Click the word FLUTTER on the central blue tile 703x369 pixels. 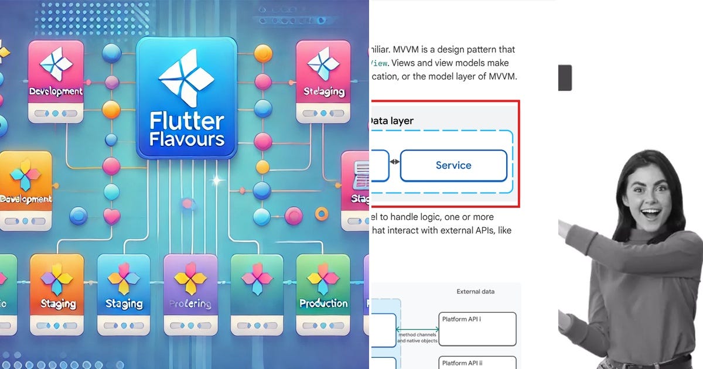[186, 122]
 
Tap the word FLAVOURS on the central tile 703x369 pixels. [186, 139]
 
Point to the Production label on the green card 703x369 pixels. [323, 303]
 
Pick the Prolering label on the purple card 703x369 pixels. [190, 303]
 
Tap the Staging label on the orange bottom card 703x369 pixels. [58, 303]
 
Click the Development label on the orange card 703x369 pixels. [26, 199]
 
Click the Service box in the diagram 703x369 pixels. [453, 165]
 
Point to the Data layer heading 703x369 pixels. [391, 121]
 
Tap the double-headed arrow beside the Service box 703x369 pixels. [394, 162]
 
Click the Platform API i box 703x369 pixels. [477, 329]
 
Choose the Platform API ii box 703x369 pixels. [477, 363]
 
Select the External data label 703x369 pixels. [475, 291]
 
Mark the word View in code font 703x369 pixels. [381, 63]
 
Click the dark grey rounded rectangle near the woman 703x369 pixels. [565, 78]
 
